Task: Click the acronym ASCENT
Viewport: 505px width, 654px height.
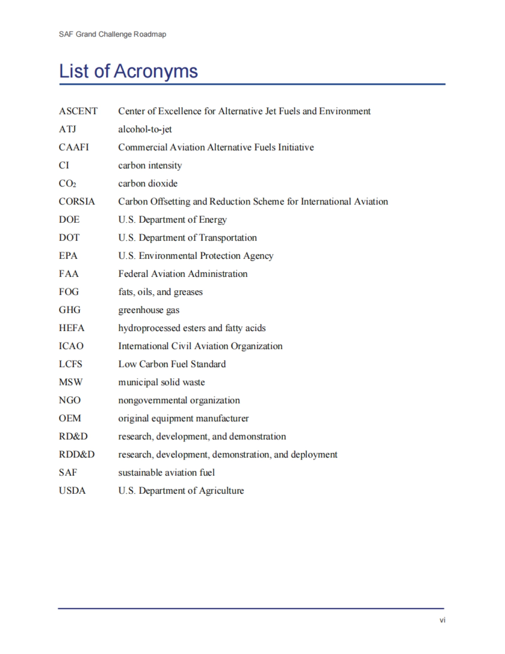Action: point(78,111)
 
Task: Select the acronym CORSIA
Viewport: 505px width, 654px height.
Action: point(77,201)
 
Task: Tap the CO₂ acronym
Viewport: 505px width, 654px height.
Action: point(67,183)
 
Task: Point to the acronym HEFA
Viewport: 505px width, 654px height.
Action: point(72,328)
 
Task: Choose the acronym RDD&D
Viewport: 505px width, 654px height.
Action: point(77,455)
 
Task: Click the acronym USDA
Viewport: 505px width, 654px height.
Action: point(72,491)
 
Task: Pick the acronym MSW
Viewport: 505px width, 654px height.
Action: point(71,382)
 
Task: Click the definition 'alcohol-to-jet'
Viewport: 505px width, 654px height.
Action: point(145,129)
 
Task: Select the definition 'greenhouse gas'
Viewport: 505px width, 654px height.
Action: point(149,310)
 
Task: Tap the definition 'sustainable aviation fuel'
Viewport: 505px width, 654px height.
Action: point(166,473)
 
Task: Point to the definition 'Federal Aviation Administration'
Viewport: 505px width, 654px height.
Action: point(183,274)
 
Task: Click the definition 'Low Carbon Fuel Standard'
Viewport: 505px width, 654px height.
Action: point(172,364)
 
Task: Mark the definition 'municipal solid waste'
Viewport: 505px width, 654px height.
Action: point(162,382)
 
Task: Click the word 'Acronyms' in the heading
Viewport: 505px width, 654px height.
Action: point(156,71)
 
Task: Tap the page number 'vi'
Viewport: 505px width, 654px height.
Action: point(442,620)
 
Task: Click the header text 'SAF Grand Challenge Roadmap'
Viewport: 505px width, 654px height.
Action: point(112,34)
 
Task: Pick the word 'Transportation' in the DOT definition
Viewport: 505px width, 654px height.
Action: point(228,238)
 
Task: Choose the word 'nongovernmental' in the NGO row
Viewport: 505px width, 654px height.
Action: point(153,400)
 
